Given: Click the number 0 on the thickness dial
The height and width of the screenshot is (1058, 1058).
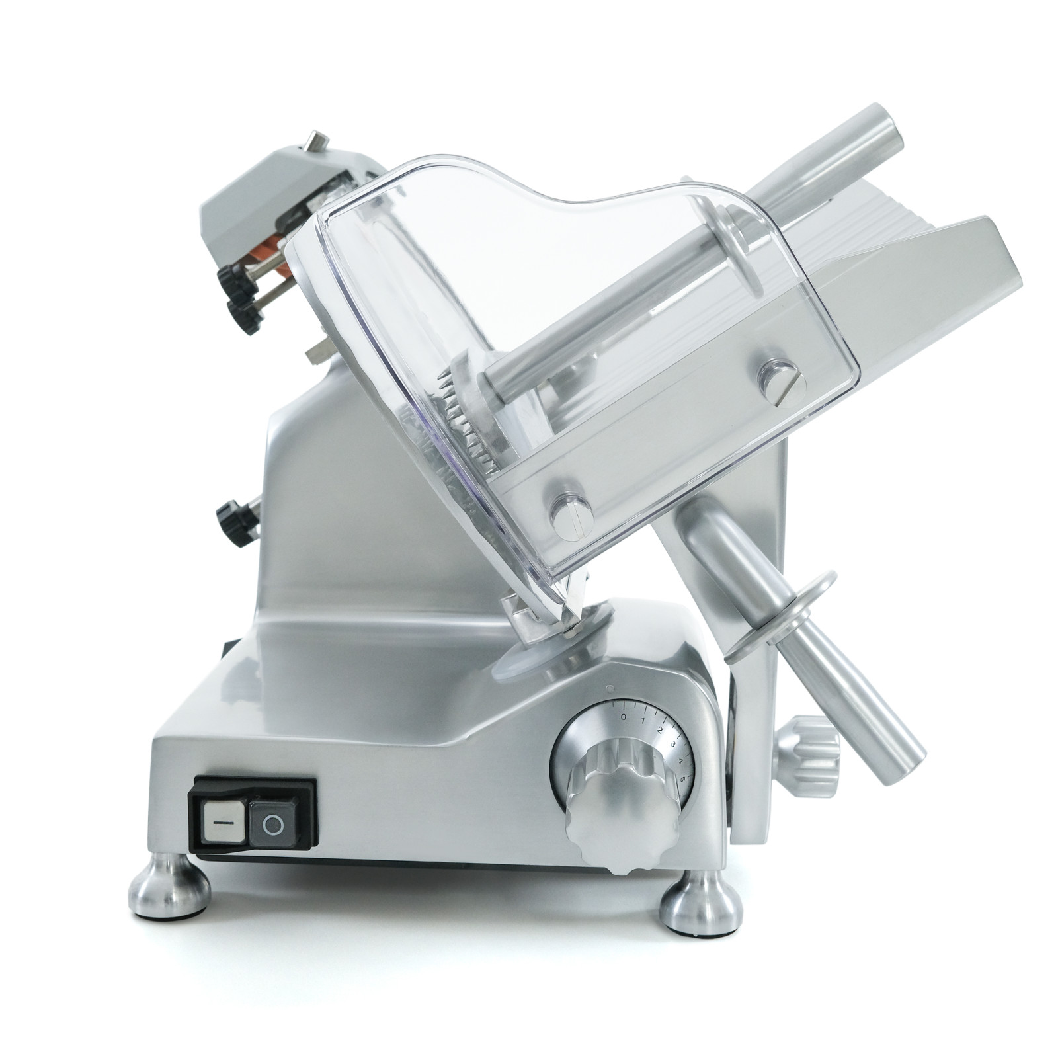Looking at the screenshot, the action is [623, 717].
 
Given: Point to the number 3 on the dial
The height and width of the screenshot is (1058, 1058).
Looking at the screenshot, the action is [672, 744].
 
